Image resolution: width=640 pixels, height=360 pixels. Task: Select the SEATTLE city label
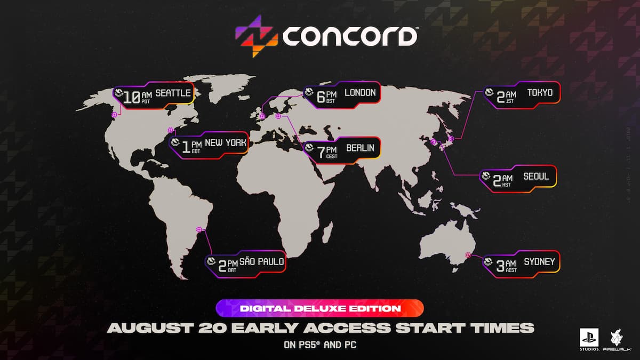click(173, 94)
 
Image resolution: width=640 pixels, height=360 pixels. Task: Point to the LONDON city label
click(360, 93)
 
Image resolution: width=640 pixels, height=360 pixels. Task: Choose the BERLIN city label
click(360, 148)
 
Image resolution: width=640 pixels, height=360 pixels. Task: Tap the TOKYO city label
click(540, 93)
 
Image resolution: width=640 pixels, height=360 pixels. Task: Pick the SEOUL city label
click(536, 176)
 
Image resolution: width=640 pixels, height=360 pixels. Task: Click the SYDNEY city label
click(539, 262)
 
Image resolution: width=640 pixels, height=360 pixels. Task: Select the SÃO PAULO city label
click(261, 261)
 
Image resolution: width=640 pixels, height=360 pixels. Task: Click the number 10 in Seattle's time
click(132, 97)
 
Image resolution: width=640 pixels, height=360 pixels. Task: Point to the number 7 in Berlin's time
click(321, 152)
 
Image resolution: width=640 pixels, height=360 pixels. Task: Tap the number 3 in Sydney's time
click(500, 266)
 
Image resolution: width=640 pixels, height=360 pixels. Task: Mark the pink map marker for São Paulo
click(199, 229)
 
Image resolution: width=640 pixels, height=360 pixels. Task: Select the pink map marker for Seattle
click(114, 115)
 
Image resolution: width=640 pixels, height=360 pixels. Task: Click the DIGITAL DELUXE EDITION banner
click(319, 308)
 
